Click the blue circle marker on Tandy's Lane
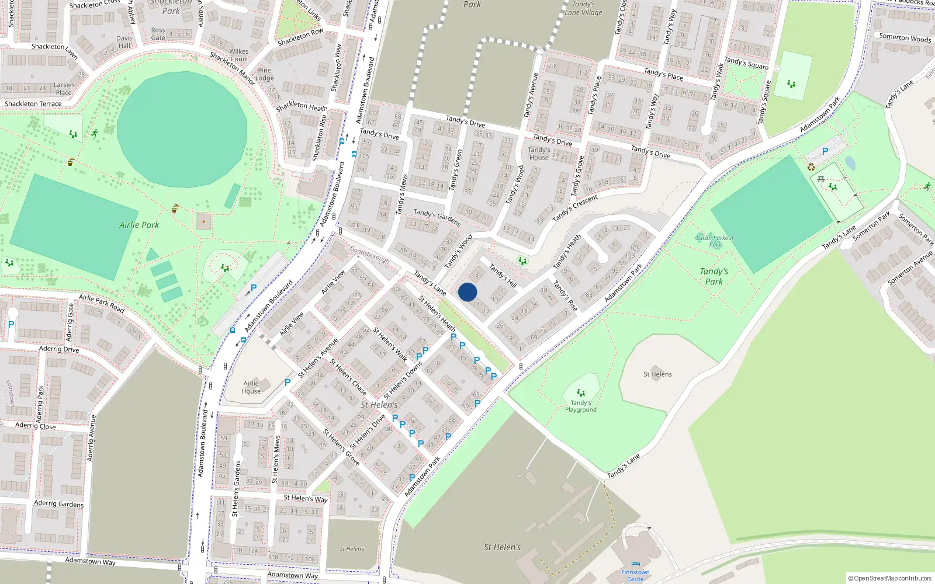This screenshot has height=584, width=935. point(467,292)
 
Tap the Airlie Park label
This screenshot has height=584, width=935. point(139,225)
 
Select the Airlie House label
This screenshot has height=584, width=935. point(251,387)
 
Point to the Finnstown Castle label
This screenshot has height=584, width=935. point(635,575)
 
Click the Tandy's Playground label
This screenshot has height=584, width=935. point(580,406)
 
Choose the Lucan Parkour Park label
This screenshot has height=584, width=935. point(715,241)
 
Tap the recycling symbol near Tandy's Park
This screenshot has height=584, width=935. point(811,168)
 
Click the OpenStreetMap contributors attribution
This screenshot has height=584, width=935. point(889,578)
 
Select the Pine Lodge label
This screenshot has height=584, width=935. point(264,74)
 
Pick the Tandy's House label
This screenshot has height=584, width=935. point(539,153)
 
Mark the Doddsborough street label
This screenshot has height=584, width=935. point(369,254)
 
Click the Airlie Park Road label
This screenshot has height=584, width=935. point(102,303)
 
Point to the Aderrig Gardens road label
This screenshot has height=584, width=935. point(58,503)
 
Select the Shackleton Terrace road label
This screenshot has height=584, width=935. point(33,104)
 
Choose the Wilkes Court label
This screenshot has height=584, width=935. point(239,55)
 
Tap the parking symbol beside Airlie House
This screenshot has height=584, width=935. point(287,383)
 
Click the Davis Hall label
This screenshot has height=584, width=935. point(124,42)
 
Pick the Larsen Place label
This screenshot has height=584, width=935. point(64,89)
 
